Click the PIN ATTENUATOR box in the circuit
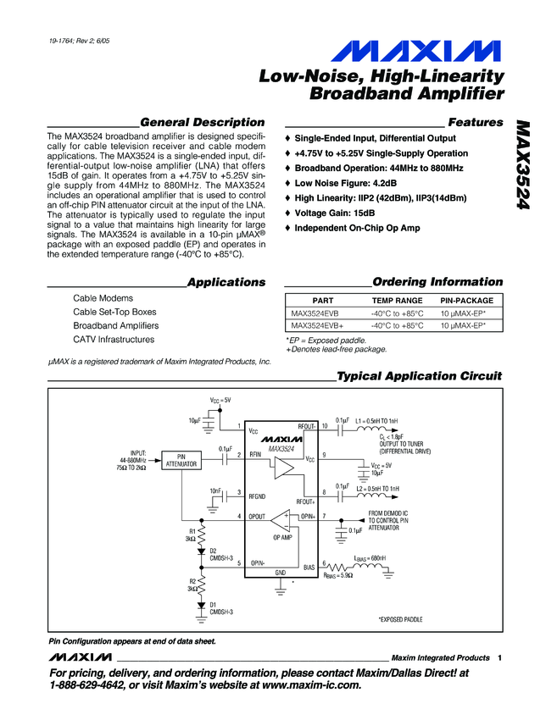click(x=181, y=460)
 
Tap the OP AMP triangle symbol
click(x=282, y=520)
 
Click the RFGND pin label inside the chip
click(x=258, y=496)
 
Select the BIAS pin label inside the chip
click(x=309, y=568)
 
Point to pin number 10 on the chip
click(x=325, y=425)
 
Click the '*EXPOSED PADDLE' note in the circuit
click(x=400, y=620)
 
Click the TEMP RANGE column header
click(x=397, y=301)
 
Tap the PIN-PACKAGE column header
click(x=466, y=301)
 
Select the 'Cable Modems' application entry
click(x=103, y=298)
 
